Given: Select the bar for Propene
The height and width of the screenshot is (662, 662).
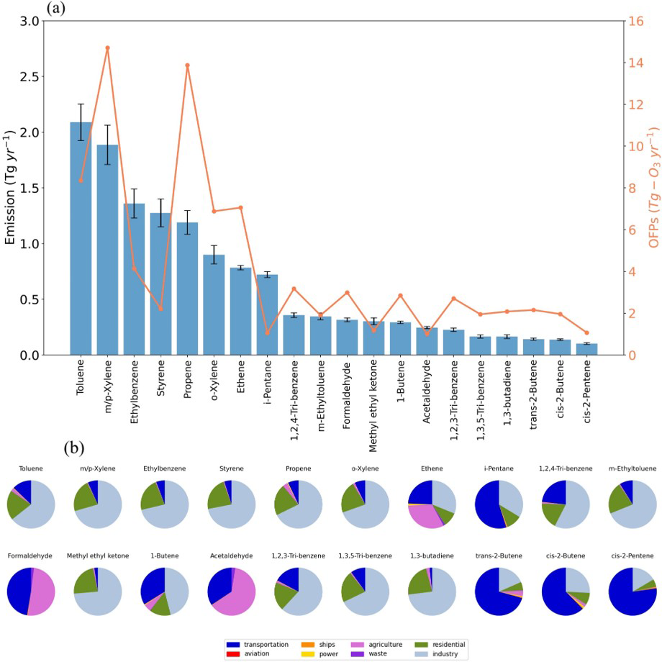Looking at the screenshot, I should pos(187,288).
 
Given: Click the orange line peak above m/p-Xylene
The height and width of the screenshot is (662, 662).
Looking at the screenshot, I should pos(107,48).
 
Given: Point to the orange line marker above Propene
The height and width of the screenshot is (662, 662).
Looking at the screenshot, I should pos(187,65).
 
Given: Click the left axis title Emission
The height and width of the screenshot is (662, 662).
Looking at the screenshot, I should pos(11,187).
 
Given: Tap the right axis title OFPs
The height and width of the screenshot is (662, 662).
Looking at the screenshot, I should pos(652,187).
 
